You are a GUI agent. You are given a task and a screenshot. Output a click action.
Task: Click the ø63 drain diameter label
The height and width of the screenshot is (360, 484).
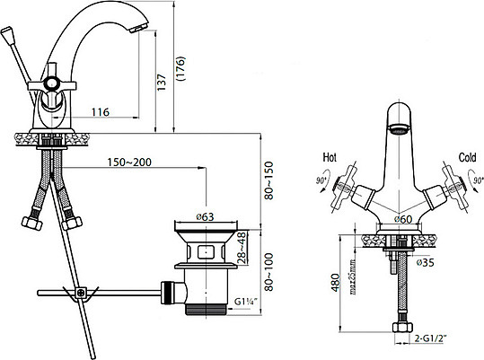[204, 216]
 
